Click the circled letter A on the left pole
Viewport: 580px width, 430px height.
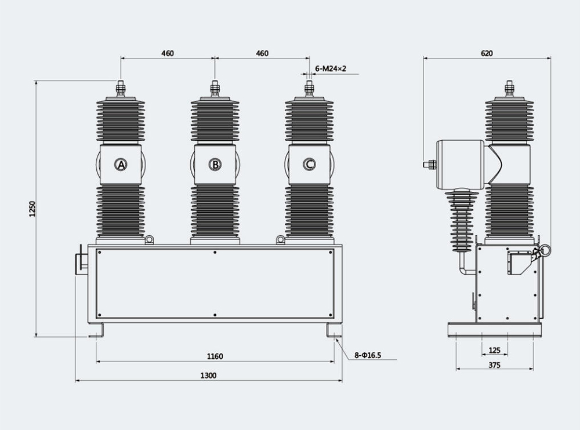[121, 165]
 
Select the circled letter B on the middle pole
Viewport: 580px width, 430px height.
[215, 165]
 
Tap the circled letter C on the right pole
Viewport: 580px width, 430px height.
[309, 165]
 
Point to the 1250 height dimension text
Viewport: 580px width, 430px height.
[32, 209]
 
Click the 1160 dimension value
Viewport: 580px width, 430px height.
[215, 356]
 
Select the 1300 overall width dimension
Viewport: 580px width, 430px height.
[208, 376]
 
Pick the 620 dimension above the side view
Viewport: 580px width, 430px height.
[487, 53]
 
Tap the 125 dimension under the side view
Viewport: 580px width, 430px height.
[494, 351]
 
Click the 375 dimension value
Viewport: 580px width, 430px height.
[494, 365]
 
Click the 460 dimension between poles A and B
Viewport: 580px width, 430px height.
[167, 53]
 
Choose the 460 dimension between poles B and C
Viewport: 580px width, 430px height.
[262, 53]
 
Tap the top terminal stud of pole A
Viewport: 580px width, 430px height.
[121, 89]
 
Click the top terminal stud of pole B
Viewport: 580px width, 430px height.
[215, 89]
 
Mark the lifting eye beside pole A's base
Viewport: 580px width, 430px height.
[150, 239]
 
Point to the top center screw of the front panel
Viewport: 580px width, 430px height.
[215, 252]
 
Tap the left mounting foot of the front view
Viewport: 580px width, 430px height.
[97, 331]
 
